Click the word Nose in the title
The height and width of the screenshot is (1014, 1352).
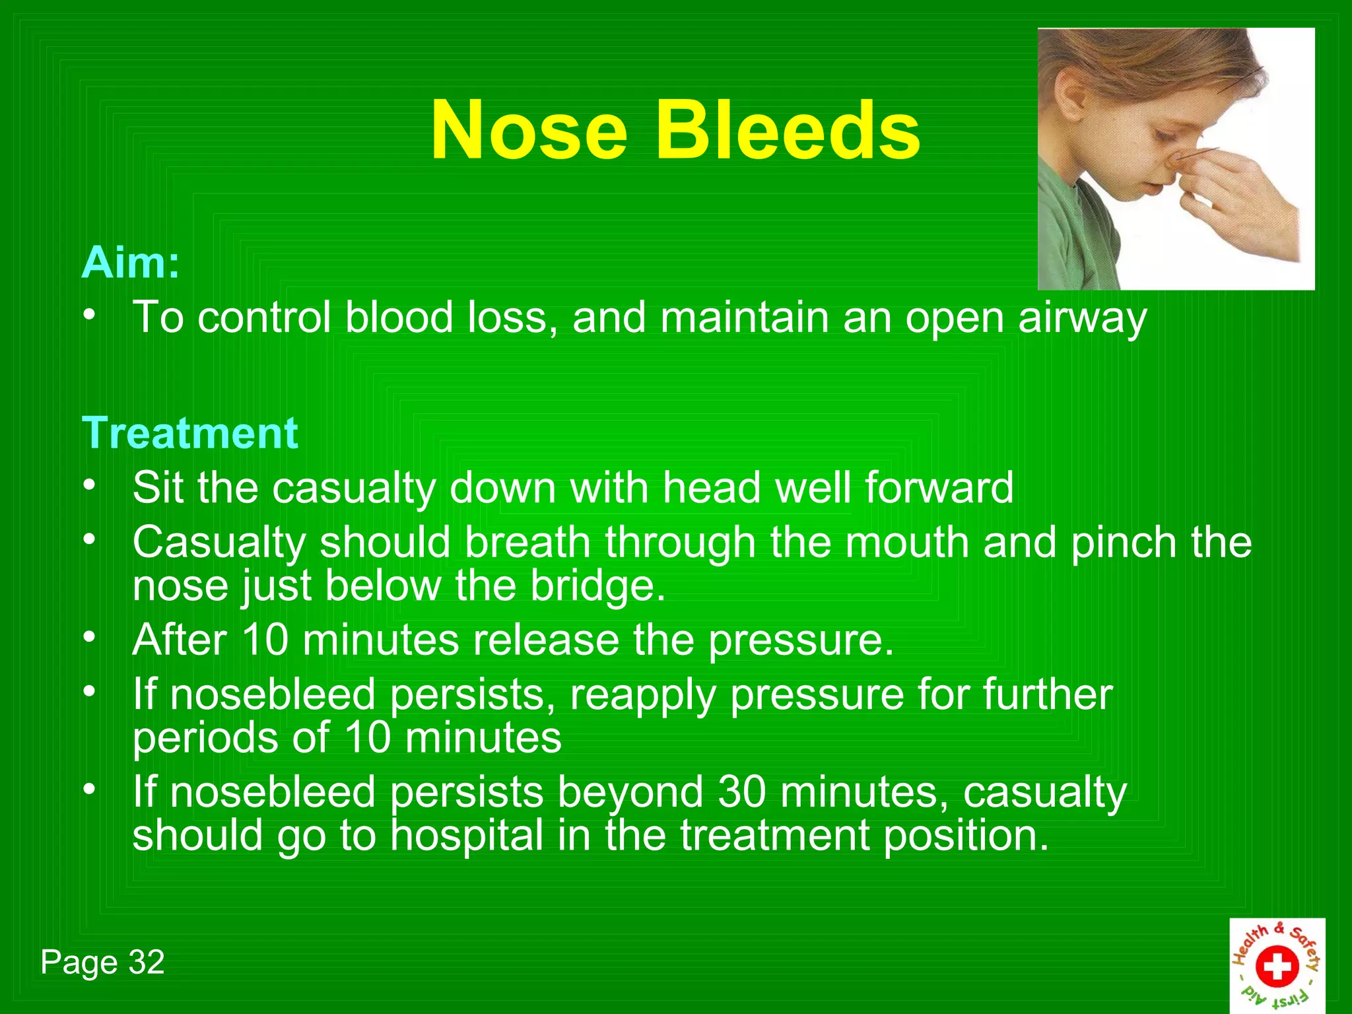[528, 130]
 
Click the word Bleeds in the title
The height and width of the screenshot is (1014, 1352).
[787, 130]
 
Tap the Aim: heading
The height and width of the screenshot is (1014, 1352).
[130, 263]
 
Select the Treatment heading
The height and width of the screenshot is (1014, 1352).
[190, 434]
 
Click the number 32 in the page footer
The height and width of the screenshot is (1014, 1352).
[147, 963]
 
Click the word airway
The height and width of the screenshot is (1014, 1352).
[1083, 318]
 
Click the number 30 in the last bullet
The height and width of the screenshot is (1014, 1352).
[742, 792]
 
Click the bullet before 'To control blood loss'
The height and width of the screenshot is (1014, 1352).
[90, 315]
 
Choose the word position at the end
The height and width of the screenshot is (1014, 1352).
[965, 836]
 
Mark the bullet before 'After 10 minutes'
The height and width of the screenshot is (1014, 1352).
[90, 637]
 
